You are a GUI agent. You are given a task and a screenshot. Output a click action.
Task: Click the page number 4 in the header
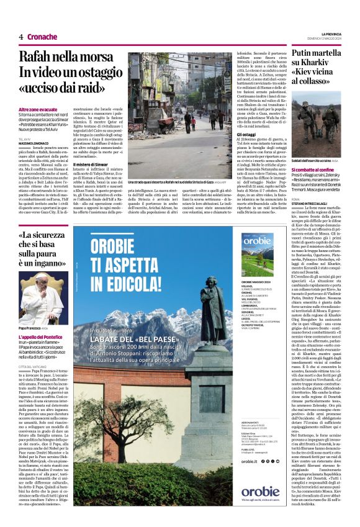(21, 37)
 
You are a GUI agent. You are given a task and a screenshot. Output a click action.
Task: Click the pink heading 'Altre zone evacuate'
(38, 110)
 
